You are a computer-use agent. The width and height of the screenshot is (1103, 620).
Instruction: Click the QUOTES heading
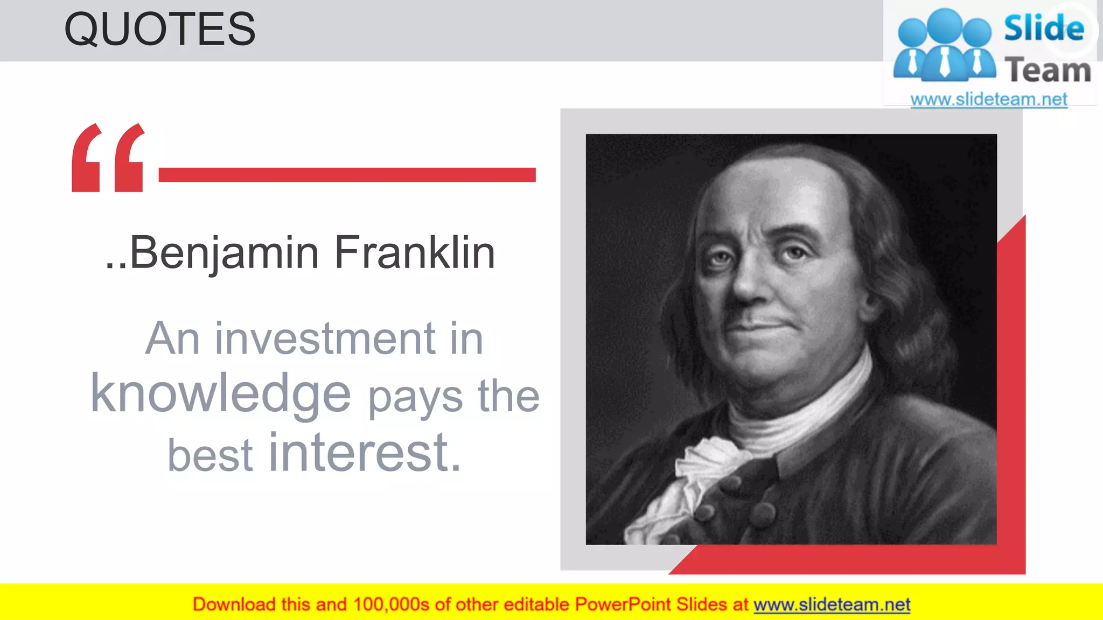point(159,30)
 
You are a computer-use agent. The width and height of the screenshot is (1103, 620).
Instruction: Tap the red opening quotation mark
point(108,158)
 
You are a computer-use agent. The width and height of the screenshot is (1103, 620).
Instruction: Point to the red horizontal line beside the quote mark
point(347,175)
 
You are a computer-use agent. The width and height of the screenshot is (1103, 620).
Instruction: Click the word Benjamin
point(225,253)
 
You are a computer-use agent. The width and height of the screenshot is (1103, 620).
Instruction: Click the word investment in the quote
point(325,339)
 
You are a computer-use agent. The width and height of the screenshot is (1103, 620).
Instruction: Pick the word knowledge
point(221,394)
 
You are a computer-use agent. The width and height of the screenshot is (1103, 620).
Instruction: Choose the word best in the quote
point(210,455)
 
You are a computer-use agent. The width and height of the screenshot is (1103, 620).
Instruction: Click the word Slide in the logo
point(1044,28)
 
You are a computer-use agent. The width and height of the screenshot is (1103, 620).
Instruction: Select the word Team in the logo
point(1048,70)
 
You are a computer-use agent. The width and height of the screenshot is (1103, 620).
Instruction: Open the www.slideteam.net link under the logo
point(989,100)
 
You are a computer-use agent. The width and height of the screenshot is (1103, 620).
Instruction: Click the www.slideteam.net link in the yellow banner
point(832,605)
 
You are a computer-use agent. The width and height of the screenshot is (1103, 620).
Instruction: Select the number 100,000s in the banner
point(391,605)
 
